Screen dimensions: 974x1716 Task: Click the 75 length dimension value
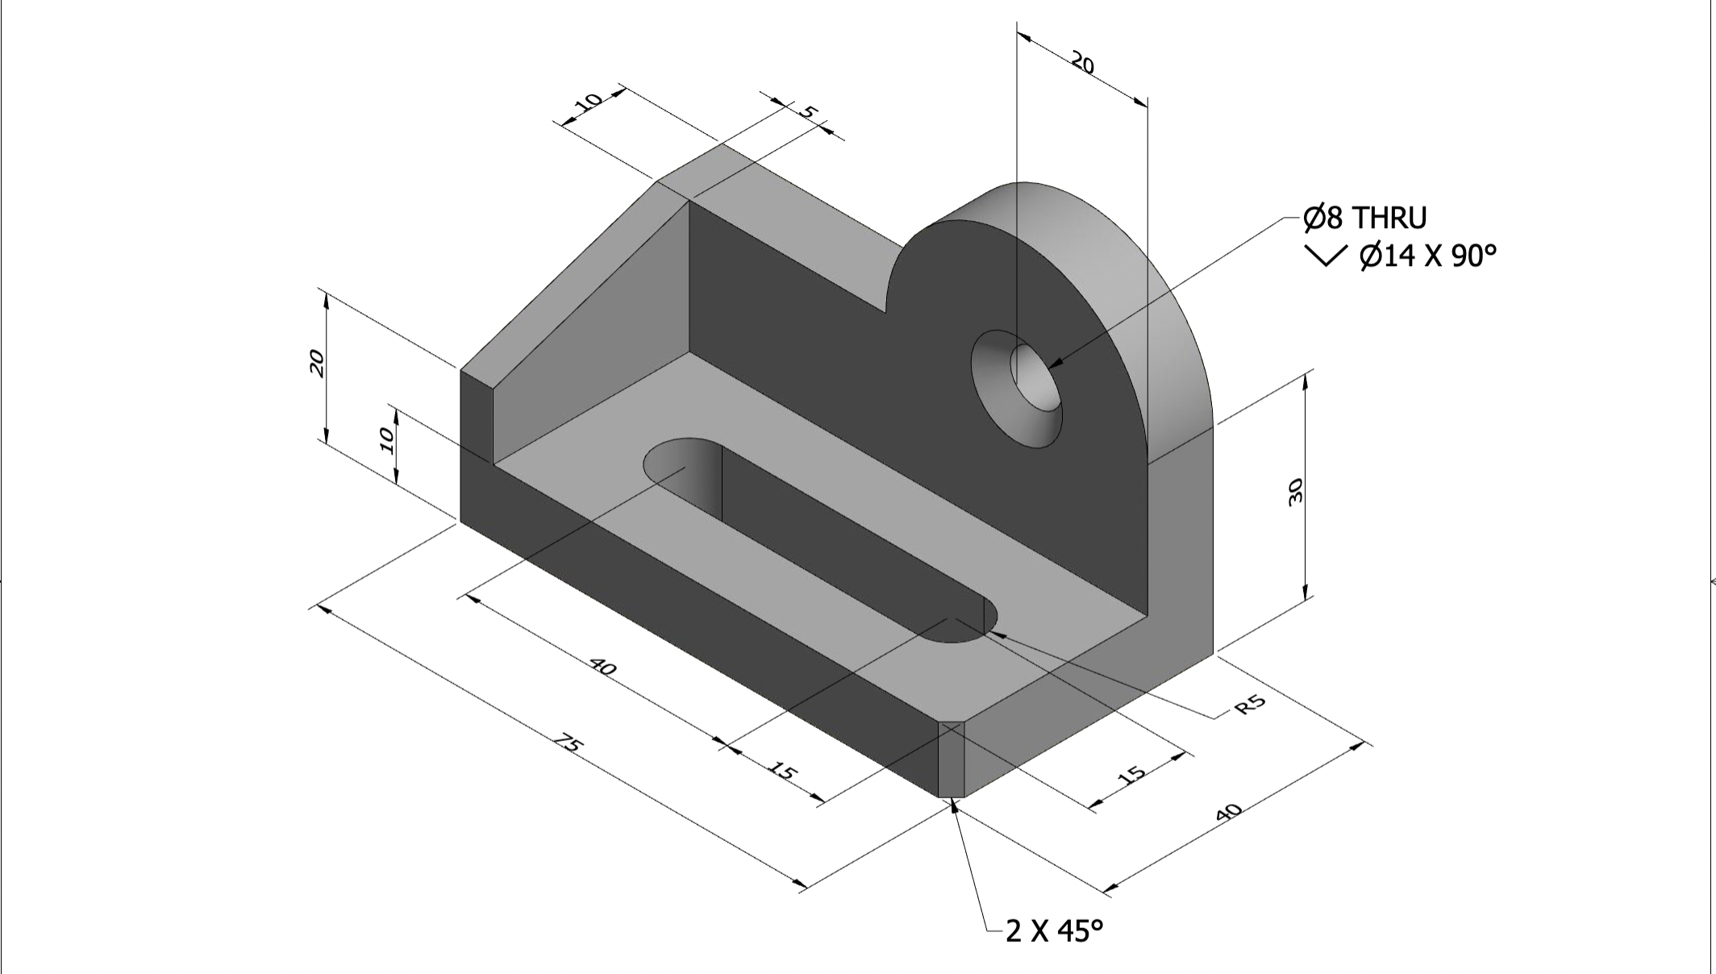click(x=568, y=744)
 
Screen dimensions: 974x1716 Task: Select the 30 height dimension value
click(x=1296, y=491)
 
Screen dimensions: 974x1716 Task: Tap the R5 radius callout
click(x=1251, y=705)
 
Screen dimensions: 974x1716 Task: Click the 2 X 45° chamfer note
click(x=1054, y=931)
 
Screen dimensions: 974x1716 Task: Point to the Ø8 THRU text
click(x=1364, y=218)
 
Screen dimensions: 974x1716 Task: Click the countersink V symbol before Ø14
click(x=1324, y=256)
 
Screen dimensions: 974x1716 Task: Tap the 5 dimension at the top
click(x=808, y=111)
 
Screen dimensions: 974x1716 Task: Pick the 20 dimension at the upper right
click(x=1082, y=62)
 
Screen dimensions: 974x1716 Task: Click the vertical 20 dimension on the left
click(x=318, y=364)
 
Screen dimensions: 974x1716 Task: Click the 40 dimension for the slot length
click(x=603, y=668)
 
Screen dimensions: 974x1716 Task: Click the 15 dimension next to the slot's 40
click(x=782, y=772)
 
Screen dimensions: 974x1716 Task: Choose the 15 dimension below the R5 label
click(x=1132, y=776)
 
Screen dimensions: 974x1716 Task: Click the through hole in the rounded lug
click(x=1035, y=377)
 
